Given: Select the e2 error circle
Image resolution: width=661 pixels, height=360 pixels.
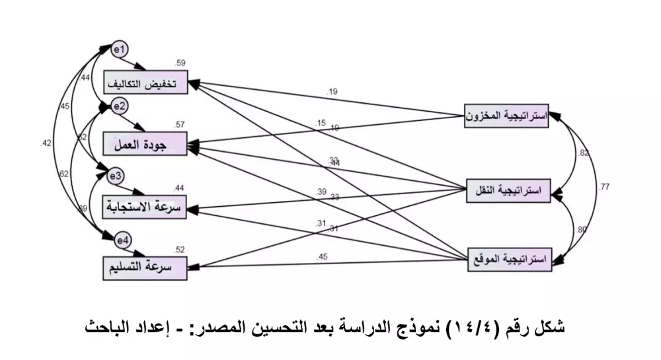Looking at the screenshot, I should (x=120, y=106).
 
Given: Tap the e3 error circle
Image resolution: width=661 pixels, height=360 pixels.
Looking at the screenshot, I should (x=116, y=176).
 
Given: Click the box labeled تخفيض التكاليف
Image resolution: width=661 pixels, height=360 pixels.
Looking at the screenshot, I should (x=146, y=83).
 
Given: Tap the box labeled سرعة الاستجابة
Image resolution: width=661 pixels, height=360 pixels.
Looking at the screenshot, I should (x=146, y=206).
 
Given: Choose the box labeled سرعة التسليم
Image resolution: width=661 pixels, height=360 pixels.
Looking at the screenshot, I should (x=146, y=269).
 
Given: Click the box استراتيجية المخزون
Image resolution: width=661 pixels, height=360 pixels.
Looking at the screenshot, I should (x=506, y=116).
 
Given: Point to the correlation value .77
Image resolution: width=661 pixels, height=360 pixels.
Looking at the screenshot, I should (x=604, y=188).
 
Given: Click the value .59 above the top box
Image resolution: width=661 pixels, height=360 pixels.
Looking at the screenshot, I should (x=180, y=63).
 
